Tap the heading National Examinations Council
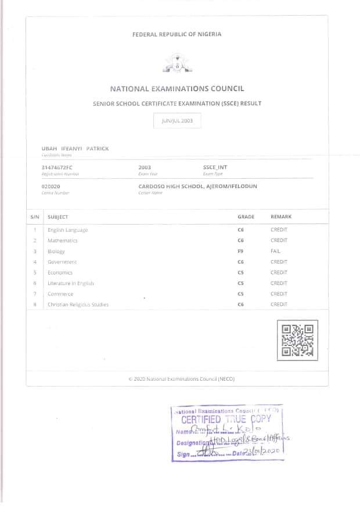click(177, 89)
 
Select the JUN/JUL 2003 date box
click(177, 121)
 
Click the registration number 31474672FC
click(57, 167)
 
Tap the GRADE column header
click(246, 216)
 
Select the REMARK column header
click(281, 216)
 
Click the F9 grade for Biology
click(240, 251)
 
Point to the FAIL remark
click(275, 251)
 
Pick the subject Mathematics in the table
click(62, 240)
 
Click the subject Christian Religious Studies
click(78, 304)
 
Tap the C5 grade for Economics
click(240, 272)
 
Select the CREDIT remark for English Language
click(279, 230)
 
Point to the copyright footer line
click(181, 378)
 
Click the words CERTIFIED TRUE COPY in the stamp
click(226, 420)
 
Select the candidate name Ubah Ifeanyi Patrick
click(75, 149)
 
